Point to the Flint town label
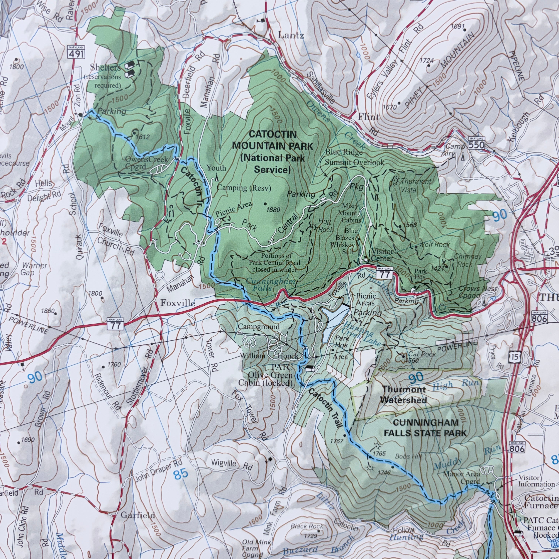coord(369,117)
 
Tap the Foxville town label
coord(178,303)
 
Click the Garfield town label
coord(138,515)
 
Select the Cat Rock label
coord(422,354)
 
